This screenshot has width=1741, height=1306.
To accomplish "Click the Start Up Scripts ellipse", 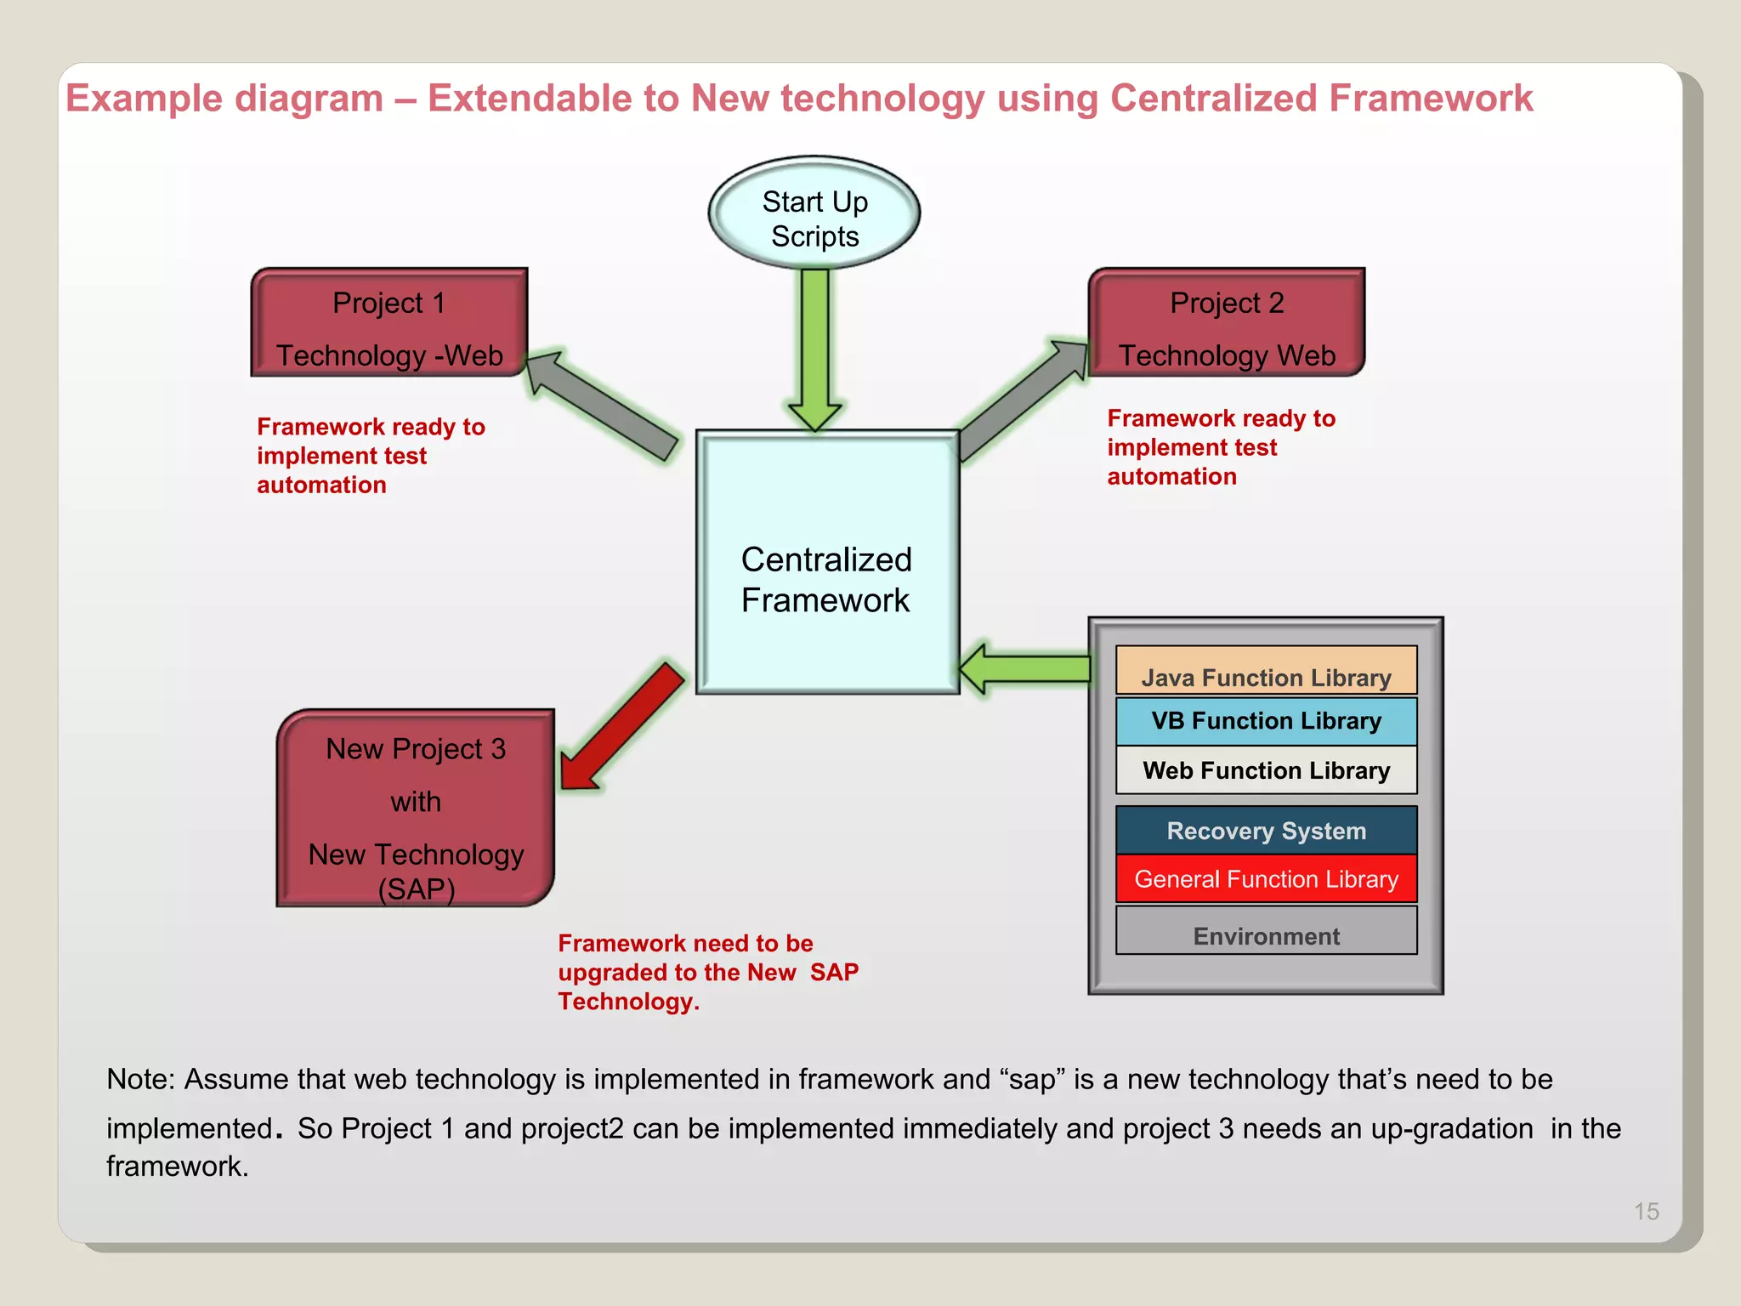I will (x=814, y=213).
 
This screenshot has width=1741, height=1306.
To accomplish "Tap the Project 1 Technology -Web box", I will (x=389, y=324).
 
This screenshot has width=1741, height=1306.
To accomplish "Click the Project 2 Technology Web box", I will (x=1226, y=324).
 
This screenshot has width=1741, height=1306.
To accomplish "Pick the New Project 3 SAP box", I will (x=416, y=809).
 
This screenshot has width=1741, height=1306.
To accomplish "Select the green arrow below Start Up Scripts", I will (x=814, y=349).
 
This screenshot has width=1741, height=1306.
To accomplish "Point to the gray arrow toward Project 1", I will (x=604, y=406).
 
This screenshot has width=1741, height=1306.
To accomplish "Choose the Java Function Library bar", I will (x=1266, y=672).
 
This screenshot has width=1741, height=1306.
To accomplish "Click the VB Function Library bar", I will (x=1266, y=721).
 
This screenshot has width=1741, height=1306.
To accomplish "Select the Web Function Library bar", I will (x=1266, y=770).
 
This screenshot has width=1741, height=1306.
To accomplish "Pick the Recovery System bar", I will (x=1266, y=831).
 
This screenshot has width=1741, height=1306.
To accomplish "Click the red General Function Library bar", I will (x=1266, y=879).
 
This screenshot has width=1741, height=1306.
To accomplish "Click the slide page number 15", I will (x=1646, y=1212).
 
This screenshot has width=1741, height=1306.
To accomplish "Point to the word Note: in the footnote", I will (x=140, y=1080).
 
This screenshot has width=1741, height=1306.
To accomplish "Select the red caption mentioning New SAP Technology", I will (x=707, y=972).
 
